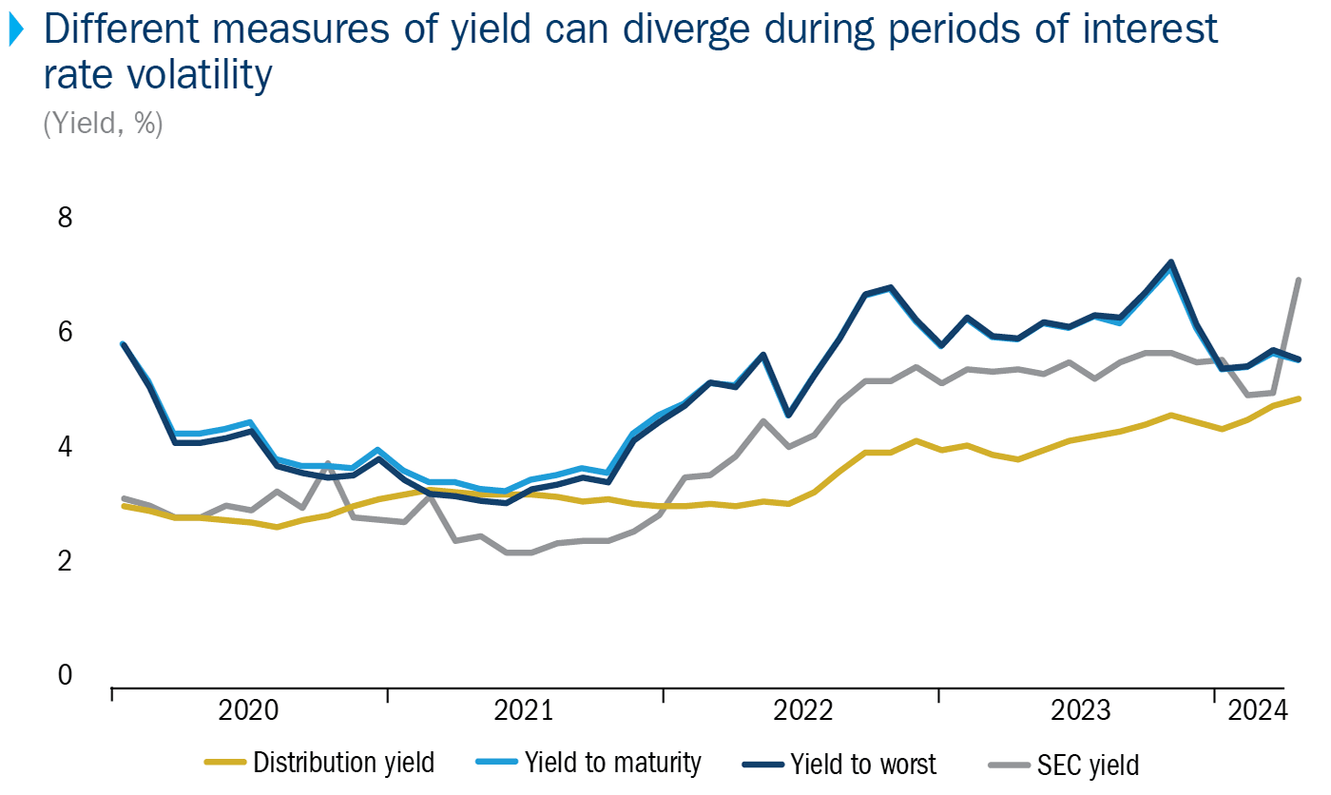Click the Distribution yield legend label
pyautogui.click(x=343, y=763)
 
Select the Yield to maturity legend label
pyautogui.click(x=614, y=763)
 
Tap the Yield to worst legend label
pyautogui.click(x=863, y=763)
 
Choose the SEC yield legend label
pyautogui.click(x=1089, y=763)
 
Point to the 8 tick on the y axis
pyautogui.click(x=65, y=218)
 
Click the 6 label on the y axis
pyautogui.click(x=65, y=332)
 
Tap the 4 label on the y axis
pyautogui.click(x=65, y=446)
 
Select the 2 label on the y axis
pyautogui.click(x=65, y=561)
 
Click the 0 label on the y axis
pyautogui.click(x=65, y=675)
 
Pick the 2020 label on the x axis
pyautogui.click(x=248, y=710)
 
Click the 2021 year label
pyautogui.click(x=524, y=710)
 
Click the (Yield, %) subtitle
pyautogui.click(x=103, y=124)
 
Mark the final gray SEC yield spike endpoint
pyautogui.click(x=1298, y=280)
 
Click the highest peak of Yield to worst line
pyautogui.click(x=1170, y=262)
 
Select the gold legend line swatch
pyautogui.click(x=225, y=763)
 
